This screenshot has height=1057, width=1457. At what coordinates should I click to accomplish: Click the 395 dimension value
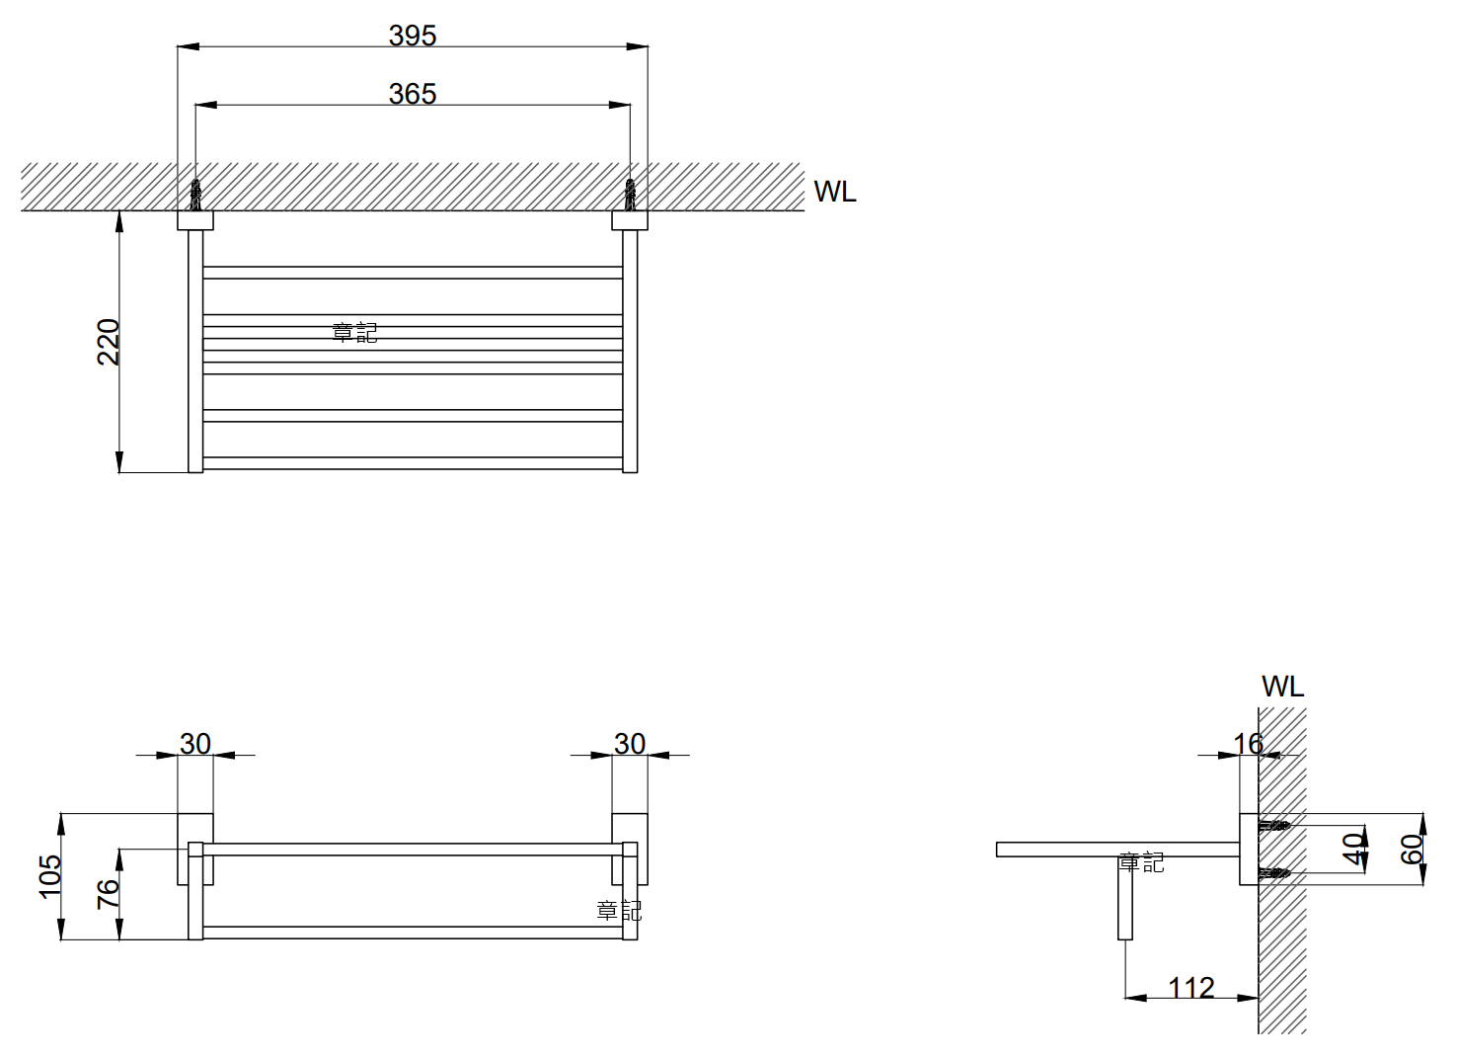tap(413, 36)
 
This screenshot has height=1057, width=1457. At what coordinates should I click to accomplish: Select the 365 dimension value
tap(413, 94)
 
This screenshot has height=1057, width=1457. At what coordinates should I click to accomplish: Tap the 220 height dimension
tap(109, 342)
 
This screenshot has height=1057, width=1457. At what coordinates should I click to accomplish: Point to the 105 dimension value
tap(49, 876)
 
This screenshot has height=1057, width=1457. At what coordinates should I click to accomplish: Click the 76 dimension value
tap(108, 894)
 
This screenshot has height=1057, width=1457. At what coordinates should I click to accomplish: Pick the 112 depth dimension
tap(1190, 987)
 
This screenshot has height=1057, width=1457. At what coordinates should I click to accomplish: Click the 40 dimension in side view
tap(1354, 849)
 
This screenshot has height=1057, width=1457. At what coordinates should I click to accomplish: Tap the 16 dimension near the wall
tap(1248, 743)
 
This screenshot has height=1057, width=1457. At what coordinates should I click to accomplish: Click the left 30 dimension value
tap(195, 743)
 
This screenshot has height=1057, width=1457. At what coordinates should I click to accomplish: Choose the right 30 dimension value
tap(630, 743)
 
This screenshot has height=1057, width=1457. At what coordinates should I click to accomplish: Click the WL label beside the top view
tap(835, 192)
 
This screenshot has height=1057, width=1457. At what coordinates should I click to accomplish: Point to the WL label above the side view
tap(1282, 687)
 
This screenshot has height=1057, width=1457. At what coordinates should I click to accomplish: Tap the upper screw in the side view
tap(1274, 825)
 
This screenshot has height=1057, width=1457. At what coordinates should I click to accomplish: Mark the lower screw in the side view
tap(1274, 873)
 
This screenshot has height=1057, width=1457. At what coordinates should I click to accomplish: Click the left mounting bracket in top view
tap(195, 220)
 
